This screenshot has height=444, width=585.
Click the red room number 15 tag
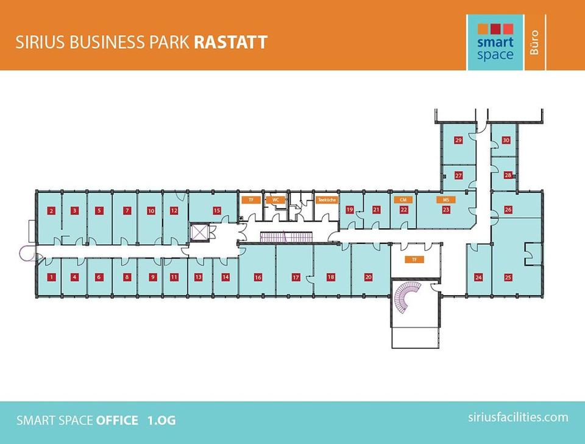click(x=217, y=210)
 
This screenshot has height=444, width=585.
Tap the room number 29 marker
click(x=458, y=140)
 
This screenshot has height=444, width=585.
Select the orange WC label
click(x=275, y=200)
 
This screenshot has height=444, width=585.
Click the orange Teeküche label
click(x=327, y=200)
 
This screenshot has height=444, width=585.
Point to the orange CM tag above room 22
click(x=403, y=200)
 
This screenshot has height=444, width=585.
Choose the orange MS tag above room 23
click(x=446, y=200)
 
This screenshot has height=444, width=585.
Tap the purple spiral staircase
click(x=408, y=296)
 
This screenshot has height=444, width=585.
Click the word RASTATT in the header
click(x=230, y=42)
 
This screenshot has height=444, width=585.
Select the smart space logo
click(x=495, y=42)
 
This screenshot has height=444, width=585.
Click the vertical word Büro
click(x=534, y=43)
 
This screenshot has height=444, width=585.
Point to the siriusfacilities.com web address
click(x=518, y=417)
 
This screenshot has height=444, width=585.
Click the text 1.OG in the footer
click(x=161, y=420)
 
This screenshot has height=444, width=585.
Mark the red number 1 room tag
click(x=51, y=277)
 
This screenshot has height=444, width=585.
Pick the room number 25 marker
click(x=508, y=277)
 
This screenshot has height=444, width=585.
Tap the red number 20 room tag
click(x=369, y=277)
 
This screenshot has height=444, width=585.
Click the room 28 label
click(x=508, y=175)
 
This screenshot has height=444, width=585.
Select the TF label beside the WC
click(x=251, y=200)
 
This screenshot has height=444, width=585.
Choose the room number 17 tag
click(x=296, y=277)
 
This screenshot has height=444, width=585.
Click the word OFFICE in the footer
click(x=117, y=420)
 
